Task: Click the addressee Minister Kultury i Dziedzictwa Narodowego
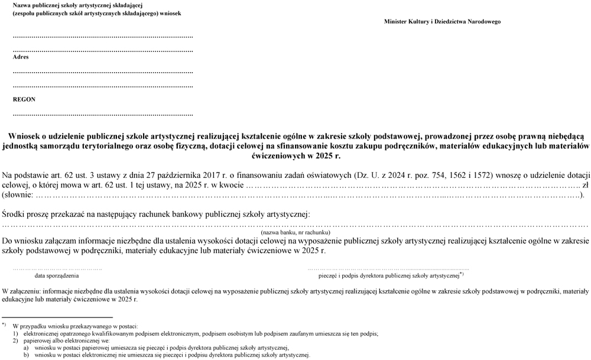(442, 22)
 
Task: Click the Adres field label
(21, 57)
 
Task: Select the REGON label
(24, 100)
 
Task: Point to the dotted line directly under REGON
(103, 114)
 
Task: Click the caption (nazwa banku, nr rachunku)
(295, 233)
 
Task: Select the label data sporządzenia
(57, 275)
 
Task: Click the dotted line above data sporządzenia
(57, 268)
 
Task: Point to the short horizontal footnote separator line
(57, 317)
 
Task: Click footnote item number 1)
(15, 333)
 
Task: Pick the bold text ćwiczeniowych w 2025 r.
(295, 156)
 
